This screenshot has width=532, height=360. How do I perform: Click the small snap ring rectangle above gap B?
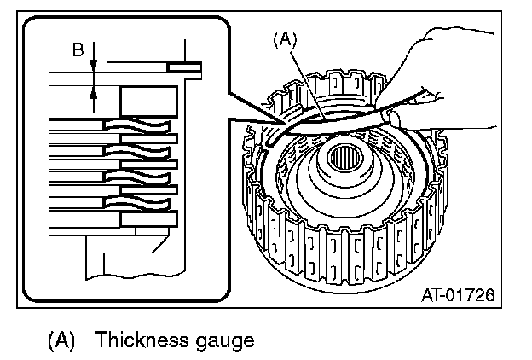click(x=184, y=66)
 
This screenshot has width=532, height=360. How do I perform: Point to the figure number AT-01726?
click(x=459, y=296)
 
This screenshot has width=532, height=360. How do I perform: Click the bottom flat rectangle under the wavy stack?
click(x=148, y=219)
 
